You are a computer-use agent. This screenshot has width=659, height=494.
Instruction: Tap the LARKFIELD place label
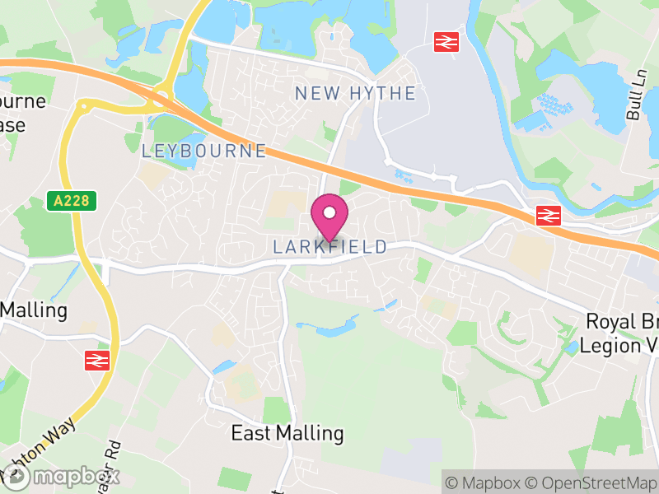pyautogui.click(x=329, y=247)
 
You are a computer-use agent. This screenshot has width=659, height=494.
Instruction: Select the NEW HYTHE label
pyautogui.click(x=355, y=93)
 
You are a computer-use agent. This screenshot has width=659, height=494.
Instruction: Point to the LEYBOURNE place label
pyautogui.click(x=204, y=151)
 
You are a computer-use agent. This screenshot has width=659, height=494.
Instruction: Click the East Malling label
pyautogui.click(x=287, y=433)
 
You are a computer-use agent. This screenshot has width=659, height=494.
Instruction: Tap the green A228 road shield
pyautogui.click(x=72, y=200)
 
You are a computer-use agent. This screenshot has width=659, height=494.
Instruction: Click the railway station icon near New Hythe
pyautogui.click(x=446, y=41)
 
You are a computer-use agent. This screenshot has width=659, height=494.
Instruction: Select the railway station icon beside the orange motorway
pyautogui.click(x=548, y=216)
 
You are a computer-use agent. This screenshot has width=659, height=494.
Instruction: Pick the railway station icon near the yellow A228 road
pyautogui.click(x=97, y=360)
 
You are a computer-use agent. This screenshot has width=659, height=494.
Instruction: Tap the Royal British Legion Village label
pyautogui.click(x=621, y=333)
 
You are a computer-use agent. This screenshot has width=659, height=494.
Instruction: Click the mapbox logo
pyautogui.click(x=61, y=476)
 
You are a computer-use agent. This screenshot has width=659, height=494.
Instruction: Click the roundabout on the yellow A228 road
pyautogui.click(x=83, y=105)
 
